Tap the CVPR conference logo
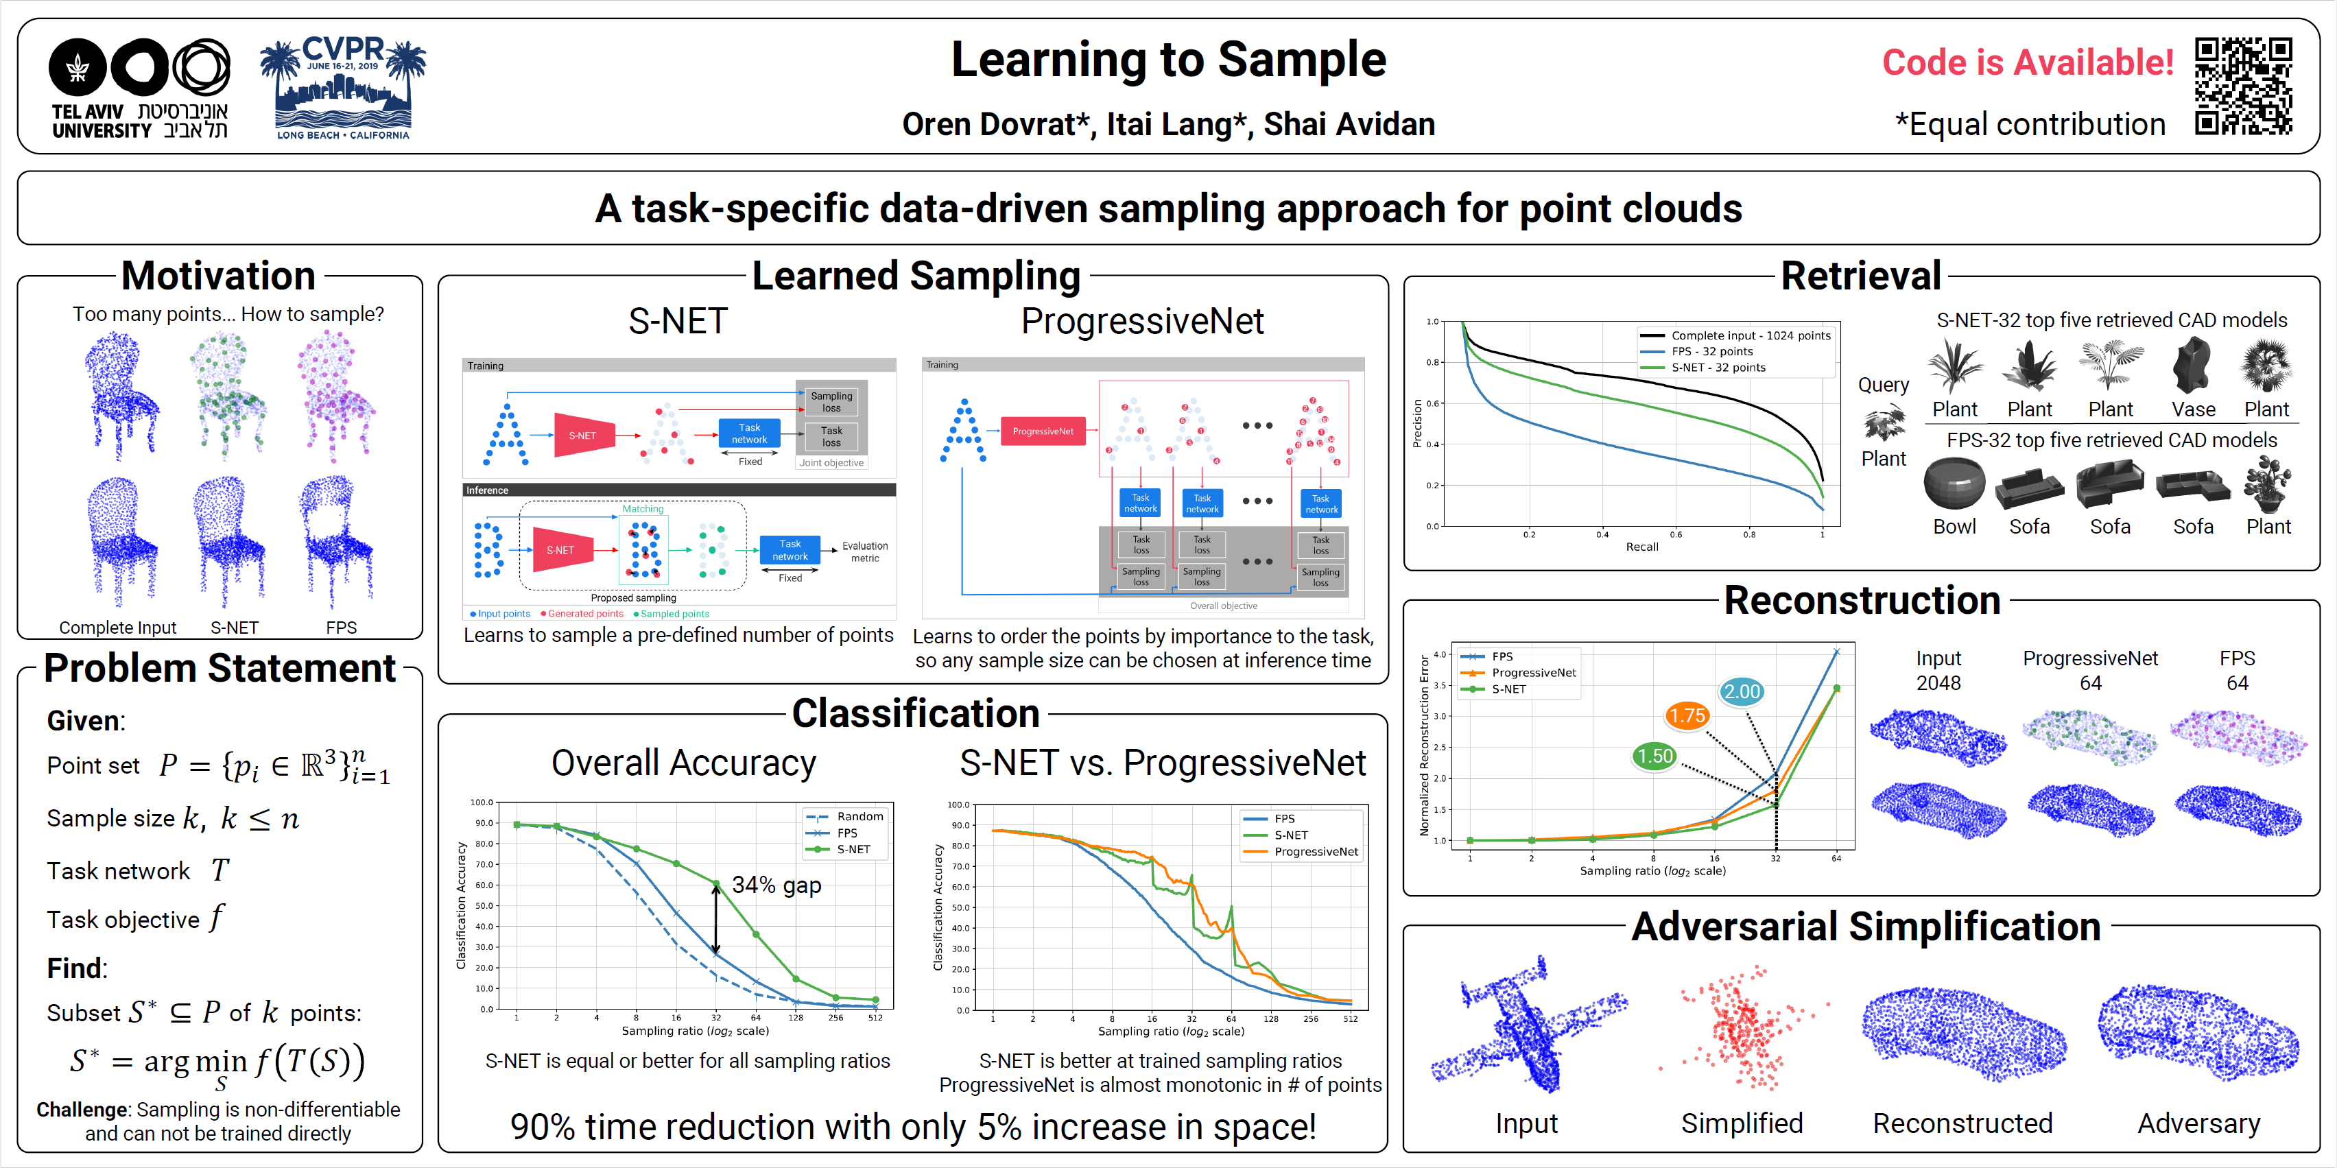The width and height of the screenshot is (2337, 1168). coord(343,88)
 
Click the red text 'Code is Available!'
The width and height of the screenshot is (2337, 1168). coord(2028,62)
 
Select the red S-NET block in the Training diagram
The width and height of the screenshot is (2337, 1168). coord(583,436)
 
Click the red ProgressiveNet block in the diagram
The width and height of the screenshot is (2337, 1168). coord(1043,431)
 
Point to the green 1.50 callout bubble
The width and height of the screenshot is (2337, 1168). coord(1654,755)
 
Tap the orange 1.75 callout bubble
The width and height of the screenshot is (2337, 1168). coord(1687,715)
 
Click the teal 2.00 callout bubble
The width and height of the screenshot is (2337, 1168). coord(1742,691)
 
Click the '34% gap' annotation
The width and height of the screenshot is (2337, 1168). coord(776,885)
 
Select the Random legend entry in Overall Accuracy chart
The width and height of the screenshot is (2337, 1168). coord(858,816)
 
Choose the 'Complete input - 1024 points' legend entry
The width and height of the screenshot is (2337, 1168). coord(1750,335)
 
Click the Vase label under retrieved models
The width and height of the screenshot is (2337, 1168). coord(2193,409)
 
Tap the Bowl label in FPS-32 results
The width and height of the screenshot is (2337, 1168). coord(1954,526)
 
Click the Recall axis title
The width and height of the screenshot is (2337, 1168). coord(1641,547)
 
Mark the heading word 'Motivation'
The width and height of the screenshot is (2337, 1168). coord(219,276)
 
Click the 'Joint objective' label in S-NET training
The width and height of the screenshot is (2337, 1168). coord(831,462)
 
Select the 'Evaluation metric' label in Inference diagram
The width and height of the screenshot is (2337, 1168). coord(864,551)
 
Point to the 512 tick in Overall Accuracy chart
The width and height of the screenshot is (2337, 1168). coord(875,1018)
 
